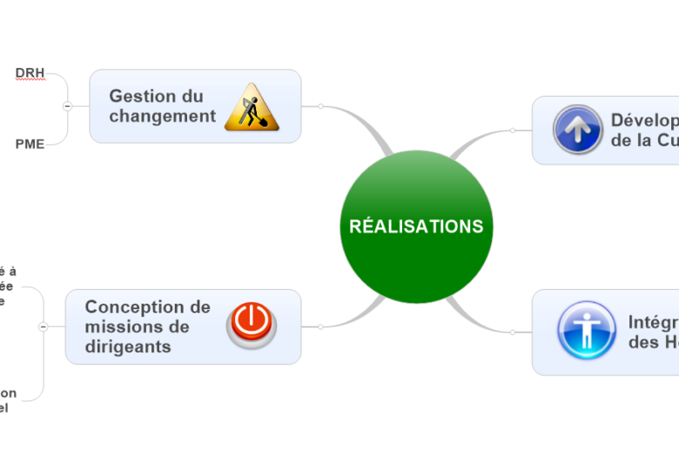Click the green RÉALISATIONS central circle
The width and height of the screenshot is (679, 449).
416,226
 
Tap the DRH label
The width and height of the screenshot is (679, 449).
30,71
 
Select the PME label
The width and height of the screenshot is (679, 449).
30,144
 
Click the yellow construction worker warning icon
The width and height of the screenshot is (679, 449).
252,108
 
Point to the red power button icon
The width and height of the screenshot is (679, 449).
251,325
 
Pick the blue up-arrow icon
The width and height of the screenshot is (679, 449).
577,130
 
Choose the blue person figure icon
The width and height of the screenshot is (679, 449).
586,332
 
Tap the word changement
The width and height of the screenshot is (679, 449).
162,117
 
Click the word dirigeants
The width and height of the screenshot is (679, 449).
127,346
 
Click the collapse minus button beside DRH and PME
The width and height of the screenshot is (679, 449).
67,106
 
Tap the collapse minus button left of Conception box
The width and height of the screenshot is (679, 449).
43,326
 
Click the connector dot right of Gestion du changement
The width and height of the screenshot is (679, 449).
320,106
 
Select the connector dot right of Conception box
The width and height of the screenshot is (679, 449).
320,326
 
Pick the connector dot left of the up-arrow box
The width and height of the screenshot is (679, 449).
513,131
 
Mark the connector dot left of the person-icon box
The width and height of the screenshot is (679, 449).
513,332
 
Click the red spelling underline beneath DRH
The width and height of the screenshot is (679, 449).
30,79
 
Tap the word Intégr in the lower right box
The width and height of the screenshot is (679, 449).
653,323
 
